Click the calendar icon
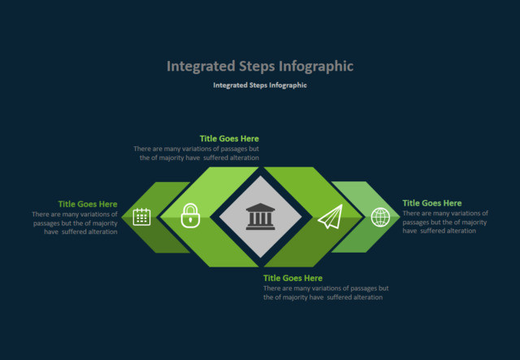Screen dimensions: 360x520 142,217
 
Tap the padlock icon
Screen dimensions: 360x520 190,215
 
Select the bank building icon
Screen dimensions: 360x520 260,216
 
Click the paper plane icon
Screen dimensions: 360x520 330,217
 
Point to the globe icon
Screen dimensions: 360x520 380,217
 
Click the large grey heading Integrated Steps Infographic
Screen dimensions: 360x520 260,66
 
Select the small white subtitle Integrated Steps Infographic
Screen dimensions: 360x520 260,85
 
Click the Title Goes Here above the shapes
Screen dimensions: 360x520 229,139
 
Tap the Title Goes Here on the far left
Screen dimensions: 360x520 88,204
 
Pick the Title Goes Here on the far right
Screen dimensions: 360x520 432,203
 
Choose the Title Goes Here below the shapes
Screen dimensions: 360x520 292,278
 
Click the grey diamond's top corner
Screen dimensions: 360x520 260,176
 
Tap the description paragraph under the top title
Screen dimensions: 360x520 197,154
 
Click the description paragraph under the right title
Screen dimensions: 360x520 445,222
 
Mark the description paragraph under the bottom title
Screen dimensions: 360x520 325,293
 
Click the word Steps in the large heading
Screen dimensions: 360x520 257,66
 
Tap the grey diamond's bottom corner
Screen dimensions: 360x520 260,257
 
